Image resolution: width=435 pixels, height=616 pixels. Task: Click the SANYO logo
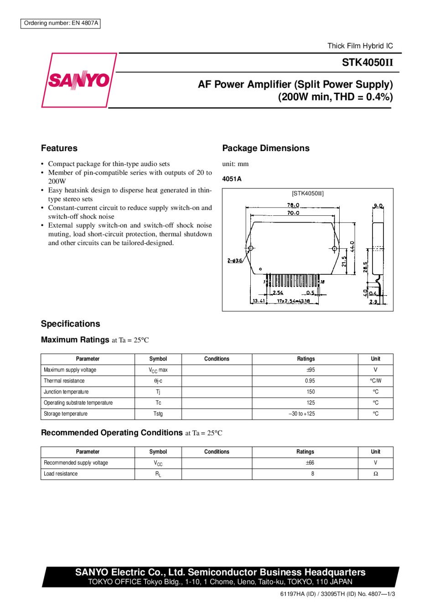pyautogui.click(x=79, y=80)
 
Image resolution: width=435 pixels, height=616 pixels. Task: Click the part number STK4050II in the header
pyautogui.click(x=367, y=63)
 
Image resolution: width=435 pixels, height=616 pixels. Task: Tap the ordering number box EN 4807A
pyautogui.click(x=61, y=23)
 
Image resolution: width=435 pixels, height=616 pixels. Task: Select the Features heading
pyautogui.click(x=59, y=148)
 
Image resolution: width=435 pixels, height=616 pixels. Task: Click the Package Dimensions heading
pyautogui.click(x=266, y=148)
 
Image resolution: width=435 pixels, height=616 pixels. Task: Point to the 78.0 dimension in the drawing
pyautogui.click(x=293, y=205)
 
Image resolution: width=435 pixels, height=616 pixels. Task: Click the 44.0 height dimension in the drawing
pyautogui.click(x=352, y=246)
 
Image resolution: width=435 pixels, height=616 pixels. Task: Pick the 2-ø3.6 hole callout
pyautogui.click(x=235, y=261)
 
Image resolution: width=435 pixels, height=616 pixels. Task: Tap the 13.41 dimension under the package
pyautogui.click(x=259, y=301)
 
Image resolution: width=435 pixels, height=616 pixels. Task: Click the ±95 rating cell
pyautogui.click(x=311, y=370)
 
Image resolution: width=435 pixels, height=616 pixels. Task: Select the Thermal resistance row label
pyautogui.click(x=64, y=381)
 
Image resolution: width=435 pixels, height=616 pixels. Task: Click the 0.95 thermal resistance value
pyautogui.click(x=310, y=381)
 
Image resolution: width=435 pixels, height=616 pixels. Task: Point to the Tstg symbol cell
pyautogui.click(x=158, y=414)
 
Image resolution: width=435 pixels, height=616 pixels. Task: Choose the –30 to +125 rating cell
pyautogui.click(x=302, y=414)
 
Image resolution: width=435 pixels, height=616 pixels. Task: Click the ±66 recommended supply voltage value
pyautogui.click(x=310, y=463)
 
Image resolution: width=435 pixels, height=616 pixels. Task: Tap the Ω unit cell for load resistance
pyautogui.click(x=376, y=474)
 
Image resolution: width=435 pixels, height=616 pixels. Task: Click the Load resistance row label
pyautogui.click(x=61, y=474)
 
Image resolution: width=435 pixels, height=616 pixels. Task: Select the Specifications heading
pyautogui.click(x=71, y=324)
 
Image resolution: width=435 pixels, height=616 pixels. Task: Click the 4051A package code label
pyautogui.click(x=232, y=179)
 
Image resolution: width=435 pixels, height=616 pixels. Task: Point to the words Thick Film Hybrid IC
pyautogui.click(x=360, y=46)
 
